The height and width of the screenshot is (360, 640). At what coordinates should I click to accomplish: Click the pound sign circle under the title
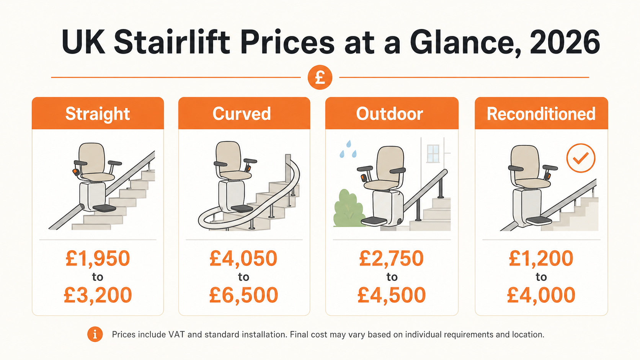coord(320,77)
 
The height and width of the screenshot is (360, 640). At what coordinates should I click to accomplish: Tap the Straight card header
coord(98,114)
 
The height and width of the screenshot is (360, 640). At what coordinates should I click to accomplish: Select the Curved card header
coord(244,114)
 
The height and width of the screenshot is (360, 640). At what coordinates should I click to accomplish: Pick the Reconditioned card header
coord(541,114)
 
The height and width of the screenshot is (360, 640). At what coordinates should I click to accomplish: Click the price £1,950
coord(98,258)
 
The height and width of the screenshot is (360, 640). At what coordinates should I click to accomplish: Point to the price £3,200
coord(98,295)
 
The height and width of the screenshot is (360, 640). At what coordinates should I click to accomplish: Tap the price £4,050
coord(243,258)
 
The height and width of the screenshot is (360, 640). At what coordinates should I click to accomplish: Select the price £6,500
coord(243,295)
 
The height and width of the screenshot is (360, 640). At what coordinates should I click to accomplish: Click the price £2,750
coord(391,258)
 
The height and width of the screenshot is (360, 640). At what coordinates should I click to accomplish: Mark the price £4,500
coord(391,295)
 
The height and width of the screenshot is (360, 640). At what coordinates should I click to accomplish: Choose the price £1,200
coord(541,258)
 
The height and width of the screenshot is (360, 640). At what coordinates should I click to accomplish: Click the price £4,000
coord(541,295)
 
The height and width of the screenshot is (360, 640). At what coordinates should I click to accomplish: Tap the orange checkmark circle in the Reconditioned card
coord(581,158)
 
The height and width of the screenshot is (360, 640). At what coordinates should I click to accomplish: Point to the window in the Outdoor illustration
coord(433,153)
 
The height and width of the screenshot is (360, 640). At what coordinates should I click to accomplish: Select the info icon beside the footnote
coord(95,334)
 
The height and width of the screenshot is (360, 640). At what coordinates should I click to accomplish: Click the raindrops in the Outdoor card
coord(348,150)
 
